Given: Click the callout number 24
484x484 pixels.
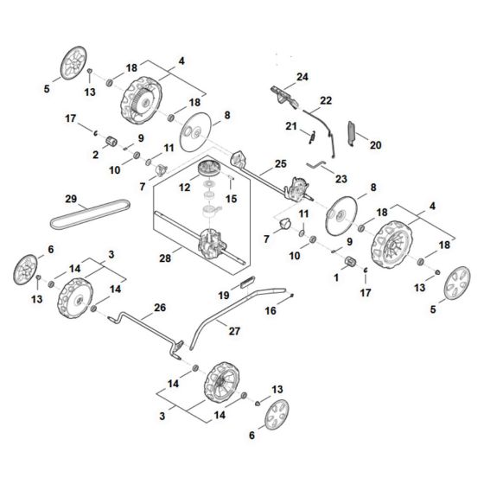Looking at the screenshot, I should click(x=302, y=77).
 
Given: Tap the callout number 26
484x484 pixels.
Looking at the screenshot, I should click(x=158, y=308).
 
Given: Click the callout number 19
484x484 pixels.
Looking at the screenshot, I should click(x=223, y=295).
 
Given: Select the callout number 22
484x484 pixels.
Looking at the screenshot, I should click(x=326, y=100).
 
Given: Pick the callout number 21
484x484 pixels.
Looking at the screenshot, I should click(x=290, y=127).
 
